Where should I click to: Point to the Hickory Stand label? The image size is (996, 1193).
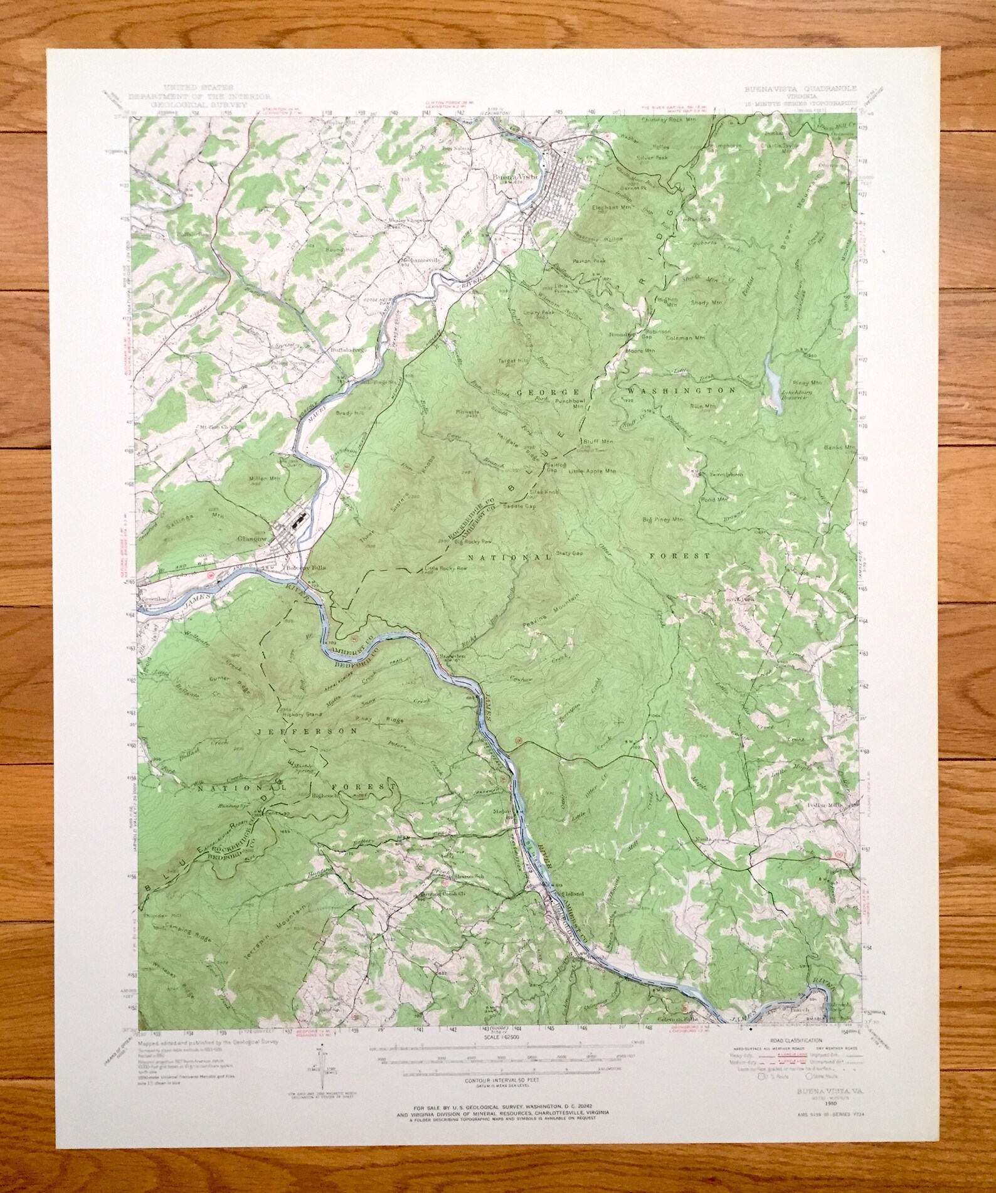pyautogui.click(x=303, y=714)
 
